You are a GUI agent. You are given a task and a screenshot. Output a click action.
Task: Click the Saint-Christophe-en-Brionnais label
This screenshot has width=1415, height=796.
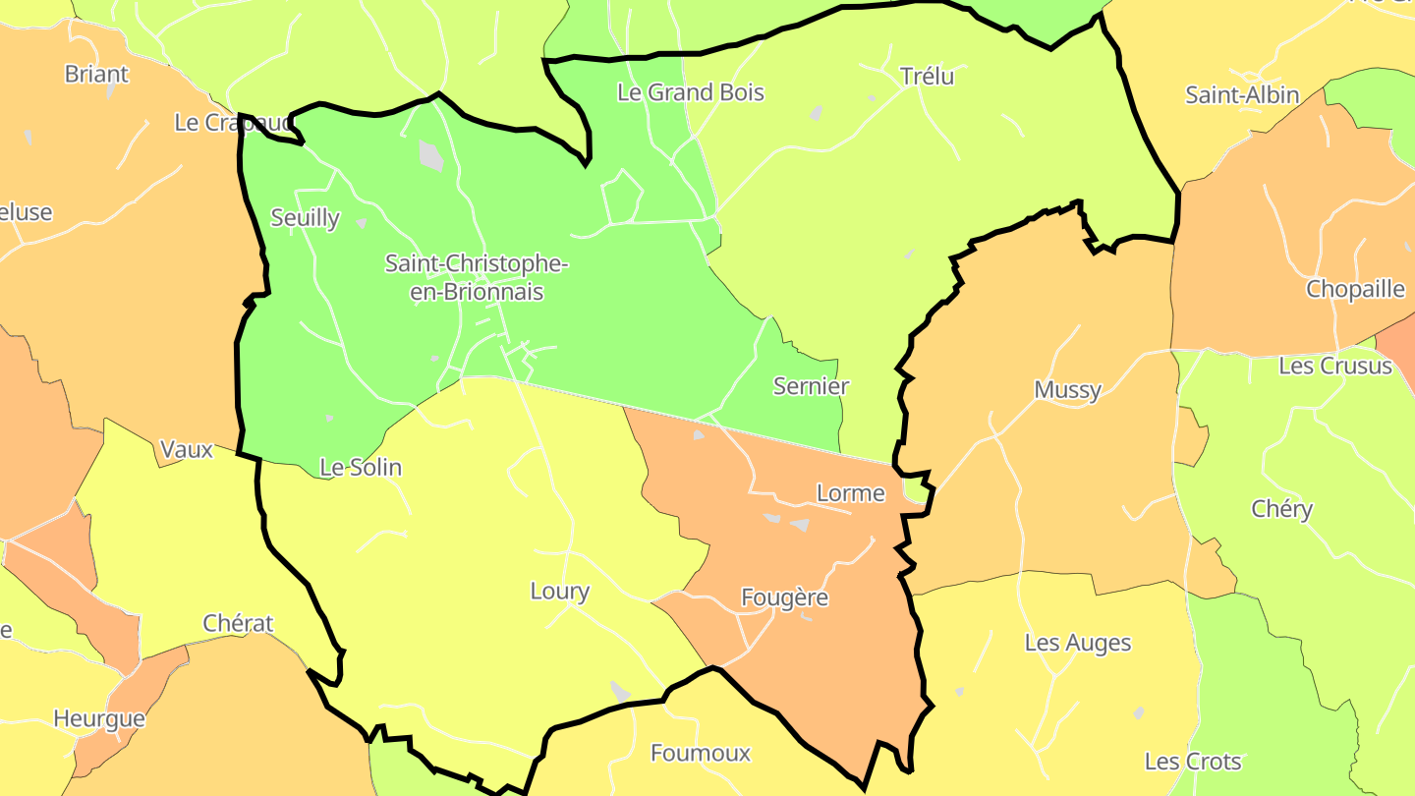click(x=477, y=278)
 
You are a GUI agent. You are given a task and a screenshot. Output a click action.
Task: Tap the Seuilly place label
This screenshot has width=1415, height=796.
click(x=305, y=218)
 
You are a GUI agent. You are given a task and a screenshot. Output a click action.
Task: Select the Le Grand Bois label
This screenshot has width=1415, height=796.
click(x=690, y=92)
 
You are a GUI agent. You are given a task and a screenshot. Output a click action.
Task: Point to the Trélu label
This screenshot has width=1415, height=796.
click(x=927, y=76)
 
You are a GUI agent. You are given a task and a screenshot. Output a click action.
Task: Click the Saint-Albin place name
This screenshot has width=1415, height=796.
click(x=1242, y=95)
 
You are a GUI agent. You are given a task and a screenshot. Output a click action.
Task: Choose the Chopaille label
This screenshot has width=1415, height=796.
click(x=1355, y=289)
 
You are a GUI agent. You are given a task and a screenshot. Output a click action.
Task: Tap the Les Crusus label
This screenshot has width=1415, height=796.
click(x=1335, y=366)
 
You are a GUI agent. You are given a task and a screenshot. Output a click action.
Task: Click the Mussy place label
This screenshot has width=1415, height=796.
click(x=1067, y=390)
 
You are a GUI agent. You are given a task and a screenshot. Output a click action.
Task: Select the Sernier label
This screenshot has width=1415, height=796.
click(x=811, y=386)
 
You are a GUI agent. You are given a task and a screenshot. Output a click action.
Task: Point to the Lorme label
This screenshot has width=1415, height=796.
click(x=851, y=493)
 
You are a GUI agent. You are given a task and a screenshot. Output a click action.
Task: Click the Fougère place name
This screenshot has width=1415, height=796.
click(x=784, y=597)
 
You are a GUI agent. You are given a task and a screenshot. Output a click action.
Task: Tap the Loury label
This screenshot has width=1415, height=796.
click(x=559, y=592)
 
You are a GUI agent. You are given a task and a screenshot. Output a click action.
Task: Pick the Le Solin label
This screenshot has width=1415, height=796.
click(x=361, y=468)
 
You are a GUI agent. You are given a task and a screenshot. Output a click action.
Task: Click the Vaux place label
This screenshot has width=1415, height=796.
click(x=187, y=450)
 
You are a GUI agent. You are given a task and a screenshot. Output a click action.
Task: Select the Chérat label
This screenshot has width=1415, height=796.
click(x=238, y=623)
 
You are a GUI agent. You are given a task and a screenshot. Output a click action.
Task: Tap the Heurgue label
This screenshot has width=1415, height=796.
click(x=98, y=718)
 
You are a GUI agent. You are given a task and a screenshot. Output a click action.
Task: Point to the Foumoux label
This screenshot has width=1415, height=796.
click(x=701, y=754)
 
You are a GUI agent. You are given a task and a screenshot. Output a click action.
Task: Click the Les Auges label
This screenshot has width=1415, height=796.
click(x=1078, y=643)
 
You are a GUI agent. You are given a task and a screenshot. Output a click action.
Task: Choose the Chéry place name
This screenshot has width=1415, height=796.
click(x=1281, y=509)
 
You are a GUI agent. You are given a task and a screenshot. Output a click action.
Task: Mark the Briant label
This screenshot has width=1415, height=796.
click(x=96, y=74)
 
